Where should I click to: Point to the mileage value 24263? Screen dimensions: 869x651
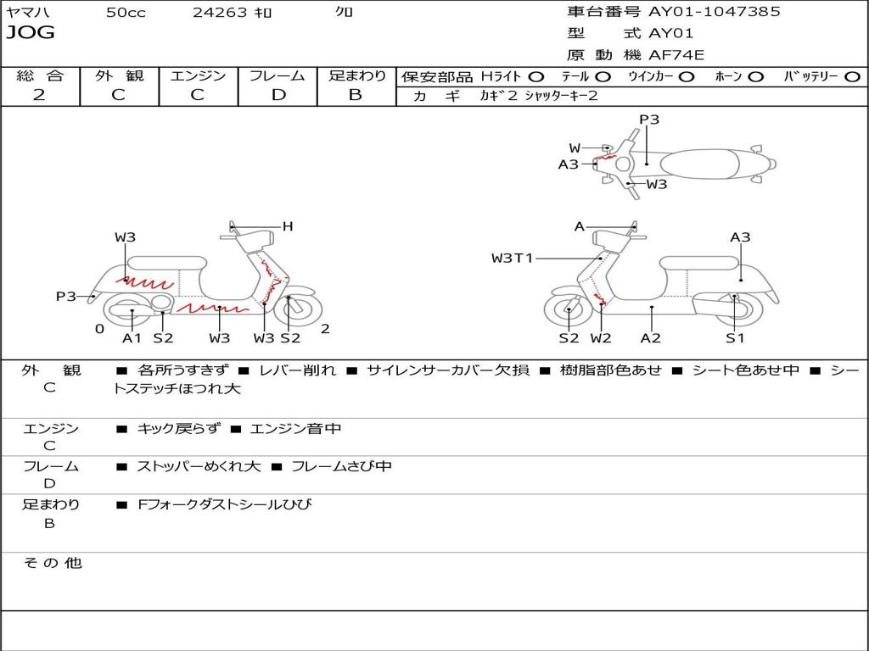pos(220,13)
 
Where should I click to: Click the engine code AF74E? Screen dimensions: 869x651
pos(676,55)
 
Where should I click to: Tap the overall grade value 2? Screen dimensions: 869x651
pos(39,95)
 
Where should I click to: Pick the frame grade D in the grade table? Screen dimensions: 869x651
pos(278,95)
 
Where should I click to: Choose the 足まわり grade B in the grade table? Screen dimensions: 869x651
pos(356,95)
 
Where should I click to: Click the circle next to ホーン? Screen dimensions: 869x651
pos(756,76)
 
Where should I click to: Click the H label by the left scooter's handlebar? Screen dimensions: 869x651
pos(288,226)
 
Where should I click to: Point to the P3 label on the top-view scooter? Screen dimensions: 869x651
pos(649,120)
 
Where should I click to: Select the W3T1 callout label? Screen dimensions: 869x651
pos(512,258)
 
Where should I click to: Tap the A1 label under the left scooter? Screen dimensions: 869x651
pos(132,338)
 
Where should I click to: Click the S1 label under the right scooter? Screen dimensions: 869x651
pos(735,338)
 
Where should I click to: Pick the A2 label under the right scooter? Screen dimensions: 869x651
pos(651,338)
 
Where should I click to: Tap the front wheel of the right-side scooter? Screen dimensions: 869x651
pos(568,311)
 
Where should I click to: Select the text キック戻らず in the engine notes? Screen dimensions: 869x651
pos(178,429)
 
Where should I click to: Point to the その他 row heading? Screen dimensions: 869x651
pos(52,563)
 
